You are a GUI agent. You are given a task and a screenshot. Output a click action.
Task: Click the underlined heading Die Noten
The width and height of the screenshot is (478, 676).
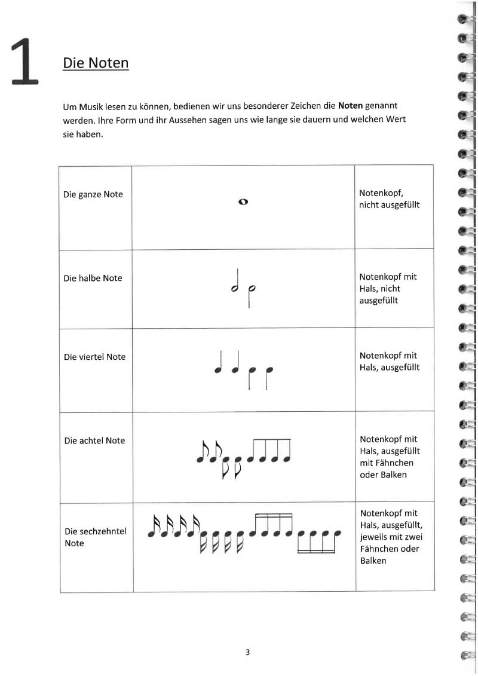click(96, 62)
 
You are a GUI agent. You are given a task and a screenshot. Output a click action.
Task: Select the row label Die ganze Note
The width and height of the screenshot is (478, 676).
click(93, 194)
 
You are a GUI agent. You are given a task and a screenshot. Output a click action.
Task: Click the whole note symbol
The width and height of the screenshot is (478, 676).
click(243, 201)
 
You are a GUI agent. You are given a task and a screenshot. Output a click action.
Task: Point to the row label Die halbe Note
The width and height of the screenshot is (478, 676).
click(93, 278)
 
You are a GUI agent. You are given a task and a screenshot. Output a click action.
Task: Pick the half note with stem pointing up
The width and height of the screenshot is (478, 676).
click(236, 282)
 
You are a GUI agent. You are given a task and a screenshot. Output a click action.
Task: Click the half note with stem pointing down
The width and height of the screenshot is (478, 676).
click(252, 293)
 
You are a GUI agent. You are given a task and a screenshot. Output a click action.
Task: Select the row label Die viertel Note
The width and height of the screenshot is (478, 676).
click(94, 357)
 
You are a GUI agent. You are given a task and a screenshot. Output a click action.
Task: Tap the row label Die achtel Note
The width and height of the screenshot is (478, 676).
click(94, 441)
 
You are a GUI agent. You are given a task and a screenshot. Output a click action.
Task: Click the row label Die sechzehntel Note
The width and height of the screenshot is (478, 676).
click(95, 537)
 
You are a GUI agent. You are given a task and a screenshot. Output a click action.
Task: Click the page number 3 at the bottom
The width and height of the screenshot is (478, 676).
click(247, 652)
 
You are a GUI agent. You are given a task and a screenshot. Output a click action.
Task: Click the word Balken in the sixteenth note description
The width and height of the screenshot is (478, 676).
click(372, 561)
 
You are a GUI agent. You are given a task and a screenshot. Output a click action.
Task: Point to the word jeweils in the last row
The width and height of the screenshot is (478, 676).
click(373, 537)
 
